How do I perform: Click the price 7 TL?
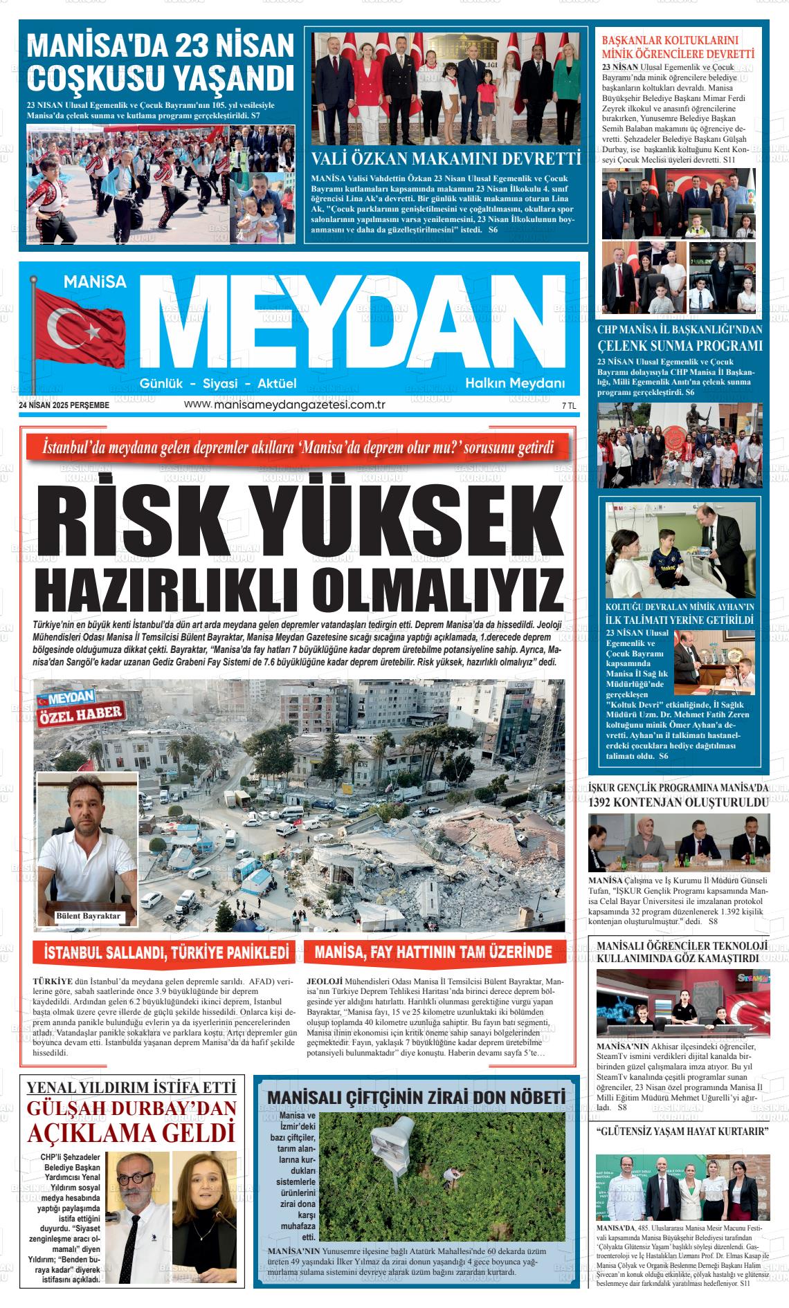(x=569, y=406)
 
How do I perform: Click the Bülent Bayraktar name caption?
(x=88, y=916)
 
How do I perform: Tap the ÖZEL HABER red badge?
(x=82, y=714)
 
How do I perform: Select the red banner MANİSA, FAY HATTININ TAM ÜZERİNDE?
(x=433, y=952)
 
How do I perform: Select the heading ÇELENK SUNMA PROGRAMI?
(x=680, y=345)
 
